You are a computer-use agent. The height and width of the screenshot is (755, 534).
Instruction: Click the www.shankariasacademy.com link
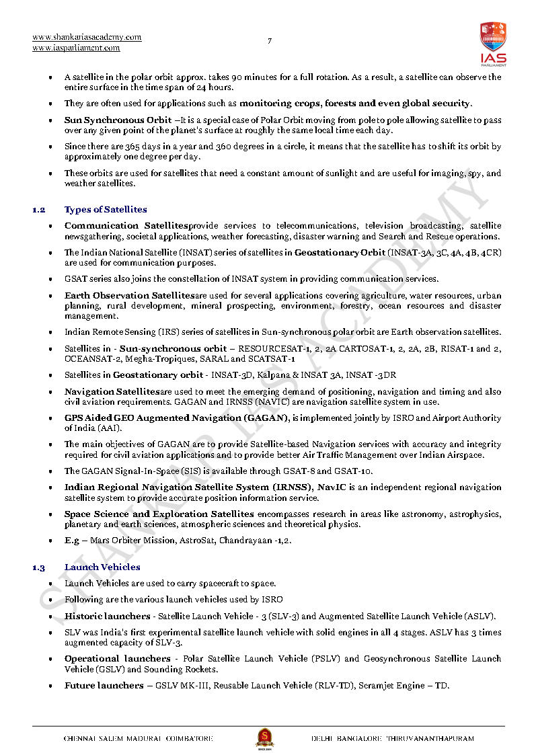click(x=87, y=37)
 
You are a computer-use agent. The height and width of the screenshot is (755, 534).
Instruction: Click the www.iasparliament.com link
click(x=76, y=48)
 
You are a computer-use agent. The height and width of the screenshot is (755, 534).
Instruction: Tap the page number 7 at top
click(x=270, y=41)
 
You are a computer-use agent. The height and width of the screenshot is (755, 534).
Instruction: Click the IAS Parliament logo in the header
click(x=493, y=44)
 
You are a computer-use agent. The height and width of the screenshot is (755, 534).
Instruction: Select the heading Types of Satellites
click(x=106, y=210)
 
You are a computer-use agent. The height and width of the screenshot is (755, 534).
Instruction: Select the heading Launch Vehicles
click(x=102, y=567)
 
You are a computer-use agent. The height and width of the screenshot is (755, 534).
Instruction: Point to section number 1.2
click(x=39, y=210)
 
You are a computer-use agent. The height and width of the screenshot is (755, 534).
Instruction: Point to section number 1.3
click(x=39, y=567)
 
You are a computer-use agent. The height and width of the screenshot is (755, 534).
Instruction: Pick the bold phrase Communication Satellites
click(x=126, y=226)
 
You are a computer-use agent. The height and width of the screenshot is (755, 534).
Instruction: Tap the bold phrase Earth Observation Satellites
click(x=129, y=296)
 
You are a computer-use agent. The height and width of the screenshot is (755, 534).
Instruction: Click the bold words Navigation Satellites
click(x=112, y=391)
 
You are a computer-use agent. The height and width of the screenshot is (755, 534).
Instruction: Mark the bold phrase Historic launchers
click(x=107, y=616)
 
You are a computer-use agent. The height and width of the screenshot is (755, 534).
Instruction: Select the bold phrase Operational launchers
click(x=117, y=659)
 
